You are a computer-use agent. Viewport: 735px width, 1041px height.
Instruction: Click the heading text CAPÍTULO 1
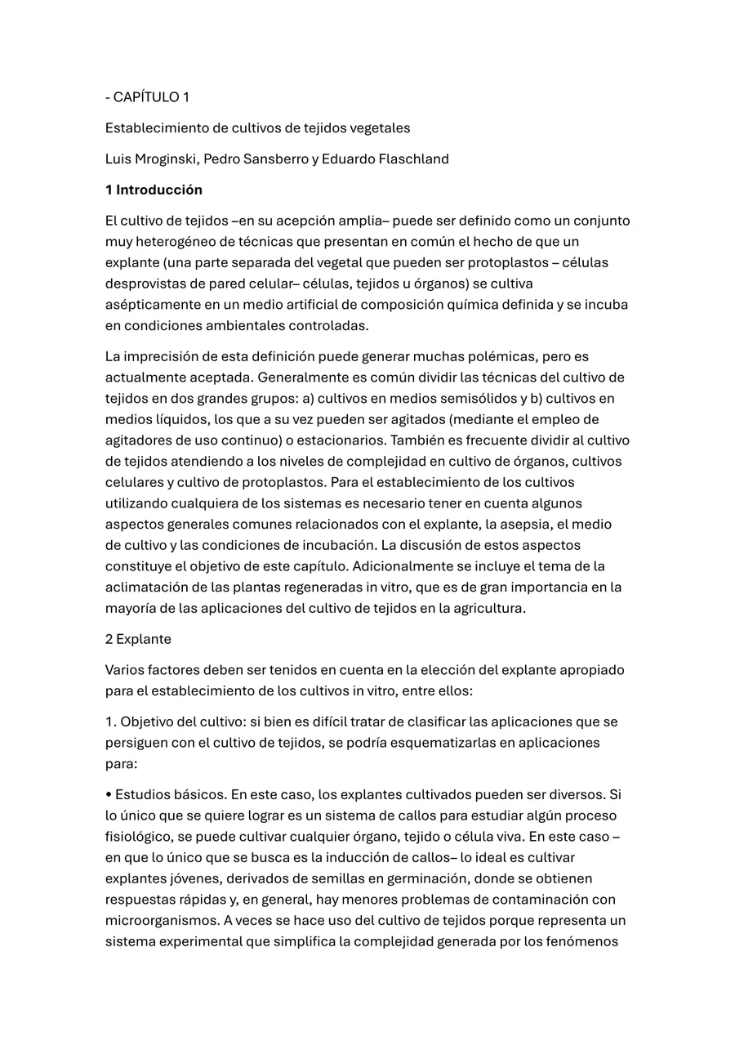(x=151, y=97)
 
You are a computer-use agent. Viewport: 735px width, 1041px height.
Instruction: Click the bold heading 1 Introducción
(x=154, y=190)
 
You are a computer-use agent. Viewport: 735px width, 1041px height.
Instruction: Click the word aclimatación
(x=145, y=587)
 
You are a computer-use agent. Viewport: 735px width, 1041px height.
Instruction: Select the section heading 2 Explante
(x=138, y=639)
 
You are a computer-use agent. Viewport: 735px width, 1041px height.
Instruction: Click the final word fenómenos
(x=587, y=941)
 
